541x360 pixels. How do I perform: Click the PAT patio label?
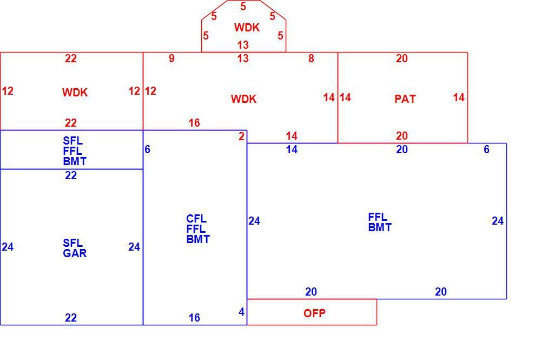pos(405,99)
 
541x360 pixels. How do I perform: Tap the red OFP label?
pos(314,313)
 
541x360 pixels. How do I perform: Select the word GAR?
pos(75,253)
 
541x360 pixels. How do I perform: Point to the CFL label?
pos(196,219)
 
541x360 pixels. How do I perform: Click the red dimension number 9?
pos(171,58)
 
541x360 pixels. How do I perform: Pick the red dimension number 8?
pos(311,58)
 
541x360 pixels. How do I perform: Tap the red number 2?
pos(241,136)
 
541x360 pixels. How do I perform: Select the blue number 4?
pos(241,312)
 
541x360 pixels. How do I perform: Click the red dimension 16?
pos(194,122)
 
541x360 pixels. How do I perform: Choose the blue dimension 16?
pos(194,318)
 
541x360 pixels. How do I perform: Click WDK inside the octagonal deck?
pos(247,28)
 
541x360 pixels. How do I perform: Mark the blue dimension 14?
pos(292,149)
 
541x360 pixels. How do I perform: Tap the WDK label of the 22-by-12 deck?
pos(75,93)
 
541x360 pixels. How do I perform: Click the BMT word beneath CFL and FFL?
pos(197,239)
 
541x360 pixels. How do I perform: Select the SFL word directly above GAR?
pos(72,243)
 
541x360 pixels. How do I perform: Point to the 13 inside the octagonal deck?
pos(243,44)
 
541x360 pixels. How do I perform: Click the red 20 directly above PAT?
pos(401,58)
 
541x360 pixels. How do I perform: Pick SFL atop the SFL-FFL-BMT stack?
pos(72,141)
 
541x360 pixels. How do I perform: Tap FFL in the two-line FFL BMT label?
pos(378,217)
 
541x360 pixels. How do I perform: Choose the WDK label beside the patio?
pos(243,99)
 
